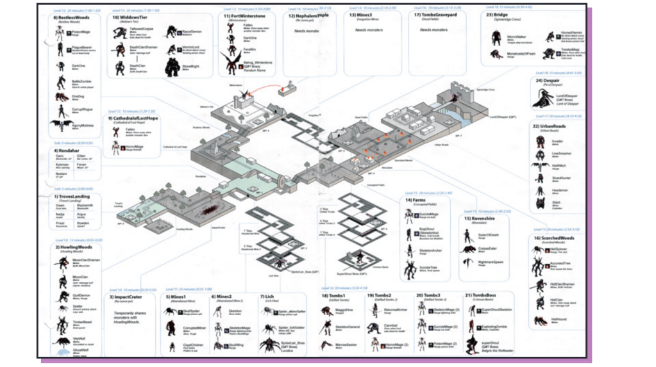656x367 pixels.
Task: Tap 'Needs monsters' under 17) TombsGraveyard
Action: (x=434, y=30)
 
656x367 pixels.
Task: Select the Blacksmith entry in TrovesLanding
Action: (x=85, y=206)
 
